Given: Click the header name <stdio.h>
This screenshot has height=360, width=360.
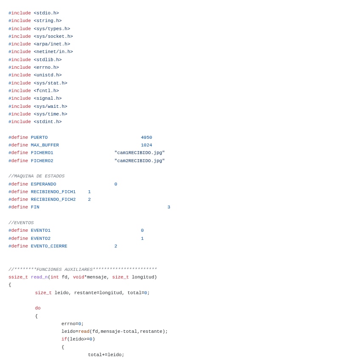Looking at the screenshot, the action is pyautogui.click(x=46, y=13).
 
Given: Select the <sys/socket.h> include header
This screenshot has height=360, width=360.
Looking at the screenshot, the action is pyautogui.click(x=53, y=37).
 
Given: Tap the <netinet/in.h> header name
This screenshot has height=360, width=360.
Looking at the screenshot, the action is pyautogui.click(x=53, y=52).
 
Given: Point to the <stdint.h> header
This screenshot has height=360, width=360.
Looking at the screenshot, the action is pyautogui.click(x=48, y=122).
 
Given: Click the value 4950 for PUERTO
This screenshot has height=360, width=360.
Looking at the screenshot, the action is pyautogui.click(x=146, y=138).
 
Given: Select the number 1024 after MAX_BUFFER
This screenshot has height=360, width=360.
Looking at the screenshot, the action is pyautogui.click(x=146, y=145).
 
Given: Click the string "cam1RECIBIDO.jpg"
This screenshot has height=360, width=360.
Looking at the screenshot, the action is pyautogui.click(x=139, y=153).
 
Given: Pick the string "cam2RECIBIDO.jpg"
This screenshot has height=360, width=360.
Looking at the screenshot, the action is pyautogui.click(x=139, y=161).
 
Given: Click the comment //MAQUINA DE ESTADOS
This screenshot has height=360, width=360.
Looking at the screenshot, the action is pyautogui.click(x=37, y=176).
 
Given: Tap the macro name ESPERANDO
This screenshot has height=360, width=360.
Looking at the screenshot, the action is pyautogui.click(x=43, y=184).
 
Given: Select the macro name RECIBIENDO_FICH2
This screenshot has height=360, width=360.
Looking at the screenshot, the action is pyautogui.click(x=53, y=200).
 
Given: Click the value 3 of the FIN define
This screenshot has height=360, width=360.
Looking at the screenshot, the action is pyautogui.click(x=169, y=207).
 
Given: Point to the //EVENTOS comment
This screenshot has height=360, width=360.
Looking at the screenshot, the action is pyautogui.click(x=21, y=223).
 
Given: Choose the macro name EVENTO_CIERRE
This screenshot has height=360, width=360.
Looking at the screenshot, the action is pyautogui.click(x=49, y=246).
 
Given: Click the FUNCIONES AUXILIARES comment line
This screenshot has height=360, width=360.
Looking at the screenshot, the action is pyautogui.click(x=83, y=270).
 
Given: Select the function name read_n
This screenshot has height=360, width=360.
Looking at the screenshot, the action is pyautogui.click(x=39, y=277).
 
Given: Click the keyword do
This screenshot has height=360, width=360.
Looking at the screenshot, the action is pyautogui.click(x=38, y=308).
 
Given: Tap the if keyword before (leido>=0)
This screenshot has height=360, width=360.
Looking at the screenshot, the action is pyautogui.click(x=64, y=339).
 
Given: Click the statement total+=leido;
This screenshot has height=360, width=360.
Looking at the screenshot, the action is pyautogui.click(x=106, y=355).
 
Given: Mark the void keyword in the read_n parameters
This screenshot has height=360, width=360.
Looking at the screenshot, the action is pyautogui.click(x=79, y=277).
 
